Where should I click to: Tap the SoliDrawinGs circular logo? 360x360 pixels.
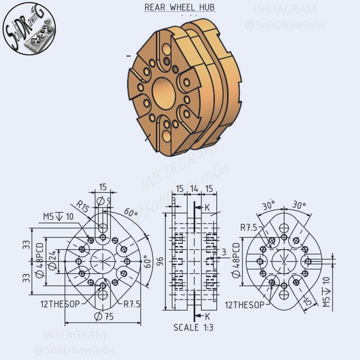(x=30, y=34)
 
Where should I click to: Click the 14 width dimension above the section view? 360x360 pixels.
(x=193, y=188)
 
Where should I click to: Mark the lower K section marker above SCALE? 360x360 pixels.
(x=206, y=317)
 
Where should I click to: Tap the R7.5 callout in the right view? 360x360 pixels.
(x=249, y=228)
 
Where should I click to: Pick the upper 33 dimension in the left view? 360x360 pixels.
(x=26, y=244)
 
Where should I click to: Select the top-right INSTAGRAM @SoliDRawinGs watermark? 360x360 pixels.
(x=293, y=17)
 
